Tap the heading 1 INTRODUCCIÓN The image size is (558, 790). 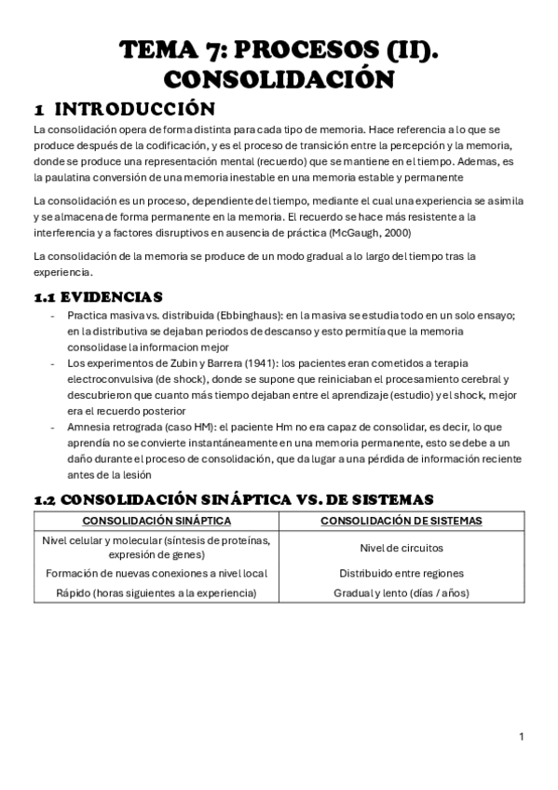tap(124, 108)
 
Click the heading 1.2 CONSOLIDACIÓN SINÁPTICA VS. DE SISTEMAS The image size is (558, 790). tap(234, 499)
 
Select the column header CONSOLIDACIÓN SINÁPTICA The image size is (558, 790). tap(157, 521)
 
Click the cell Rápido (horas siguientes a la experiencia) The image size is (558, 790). tap(157, 592)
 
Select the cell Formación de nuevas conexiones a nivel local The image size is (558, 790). tap(157, 574)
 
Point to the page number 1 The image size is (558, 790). tap(522, 737)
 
